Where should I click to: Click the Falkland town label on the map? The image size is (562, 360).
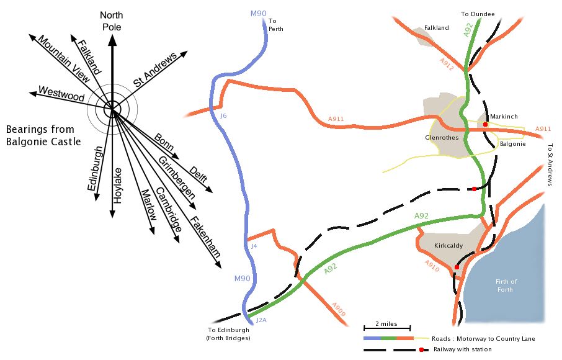click(x=436, y=27)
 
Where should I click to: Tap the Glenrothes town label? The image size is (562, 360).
click(x=442, y=137)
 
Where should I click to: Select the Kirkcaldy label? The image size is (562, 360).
click(x=448, y=246)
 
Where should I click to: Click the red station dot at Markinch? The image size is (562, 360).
click(x=485, y=124)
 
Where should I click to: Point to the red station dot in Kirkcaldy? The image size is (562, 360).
click(x=457, y=267)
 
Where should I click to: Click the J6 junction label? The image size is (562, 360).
click(x=223, y=116)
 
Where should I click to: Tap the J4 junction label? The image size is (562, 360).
click(x=254, y=246)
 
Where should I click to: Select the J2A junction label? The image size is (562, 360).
click(x=261, y=320)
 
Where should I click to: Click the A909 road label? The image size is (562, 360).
click(x=338, y=310)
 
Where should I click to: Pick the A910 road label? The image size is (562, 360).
click(x=432, y=266)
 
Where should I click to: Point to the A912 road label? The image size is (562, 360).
click(x=447, y=64)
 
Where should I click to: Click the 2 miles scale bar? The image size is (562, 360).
click(x=387, y=328)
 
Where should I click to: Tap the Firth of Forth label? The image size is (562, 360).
click(x=506, y=286)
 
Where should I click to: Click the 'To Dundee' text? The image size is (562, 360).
click(x=478, y=14)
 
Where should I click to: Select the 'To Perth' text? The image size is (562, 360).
click(x=275, y=25)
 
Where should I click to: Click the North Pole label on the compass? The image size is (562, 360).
click(x=112, y=21)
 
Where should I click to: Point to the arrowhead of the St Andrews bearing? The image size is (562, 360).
click(x=184, y=53)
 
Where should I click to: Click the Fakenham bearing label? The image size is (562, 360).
click(x=205, y=236)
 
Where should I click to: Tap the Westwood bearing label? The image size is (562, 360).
click(x=61, y=94)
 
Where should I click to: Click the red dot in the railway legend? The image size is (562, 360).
click(x=422, y=349)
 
